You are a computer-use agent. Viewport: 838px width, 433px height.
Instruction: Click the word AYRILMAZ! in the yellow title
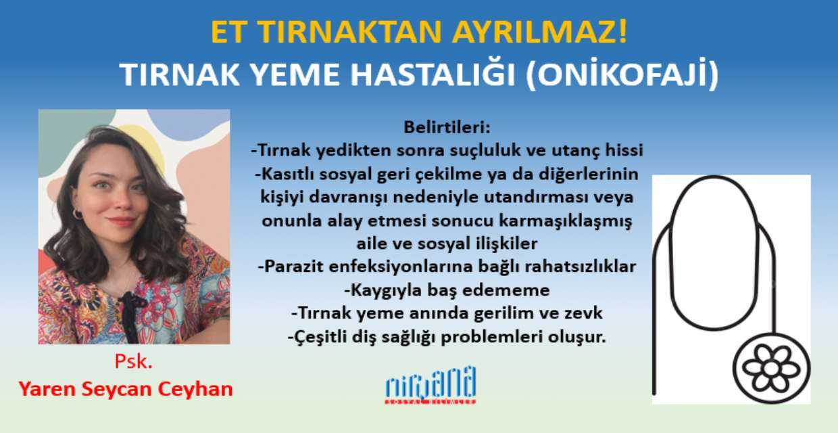click(x=539, y=32)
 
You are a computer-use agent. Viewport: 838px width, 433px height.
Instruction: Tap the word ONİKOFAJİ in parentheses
click(x=622, y=74)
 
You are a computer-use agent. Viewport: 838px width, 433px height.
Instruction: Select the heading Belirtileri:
click(x=447, y=127)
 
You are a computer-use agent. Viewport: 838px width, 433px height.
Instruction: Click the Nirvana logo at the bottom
click(x=430, y=386)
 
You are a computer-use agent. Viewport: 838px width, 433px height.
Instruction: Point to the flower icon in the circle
click(x=771, y=369)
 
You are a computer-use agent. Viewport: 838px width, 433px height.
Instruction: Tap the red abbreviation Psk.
click(x=134, y=361)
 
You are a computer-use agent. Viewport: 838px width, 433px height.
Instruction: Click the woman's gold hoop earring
click(x=77, y=214)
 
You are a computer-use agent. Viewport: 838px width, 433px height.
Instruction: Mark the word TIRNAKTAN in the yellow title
click(x=351, y=32)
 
